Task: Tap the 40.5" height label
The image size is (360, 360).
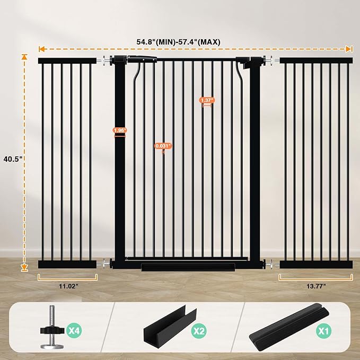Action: pos(11,158)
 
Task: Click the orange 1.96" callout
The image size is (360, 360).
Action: pos(120,130)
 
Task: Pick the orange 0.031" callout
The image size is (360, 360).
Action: pos(163,146)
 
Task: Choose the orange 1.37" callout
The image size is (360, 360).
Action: pos(207,100)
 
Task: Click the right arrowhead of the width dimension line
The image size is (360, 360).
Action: pos(349,49)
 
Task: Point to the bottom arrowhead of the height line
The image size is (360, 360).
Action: pos(24,268)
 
